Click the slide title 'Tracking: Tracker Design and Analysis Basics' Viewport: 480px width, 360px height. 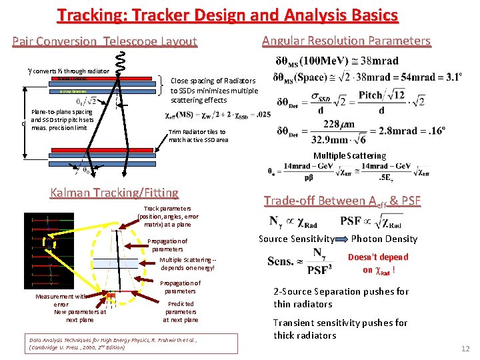pos(227,15)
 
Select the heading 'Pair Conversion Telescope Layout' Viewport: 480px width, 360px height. pos(105,41)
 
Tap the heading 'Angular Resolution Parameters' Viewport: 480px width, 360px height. pos(346,41)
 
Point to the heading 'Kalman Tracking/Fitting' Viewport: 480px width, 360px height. pos(114,193)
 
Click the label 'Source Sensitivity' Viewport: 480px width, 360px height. pos(296,239)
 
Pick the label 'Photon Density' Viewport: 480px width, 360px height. pos(384,239)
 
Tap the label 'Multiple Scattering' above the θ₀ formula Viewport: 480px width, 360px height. pos(349,156)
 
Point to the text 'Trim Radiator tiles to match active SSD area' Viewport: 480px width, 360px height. pos(198,136)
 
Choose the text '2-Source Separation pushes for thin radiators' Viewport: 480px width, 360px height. pos(341,298)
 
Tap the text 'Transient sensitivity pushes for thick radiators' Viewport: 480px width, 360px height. pos(340,329)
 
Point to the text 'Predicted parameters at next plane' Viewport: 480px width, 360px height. pos(180,311)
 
